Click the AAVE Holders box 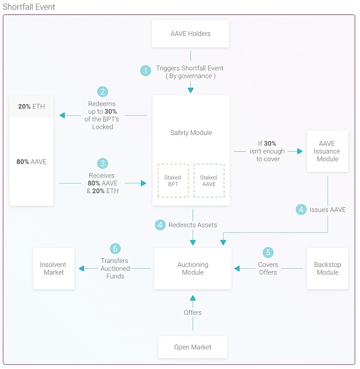click(x=191, y=34)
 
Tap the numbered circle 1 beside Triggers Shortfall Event click(x=145, y=71)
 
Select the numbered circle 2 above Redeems click(x=103, y=92)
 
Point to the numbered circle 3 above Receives click(x=103, y=163)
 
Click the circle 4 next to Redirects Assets click(x=160, y=225)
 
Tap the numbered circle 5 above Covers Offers click(x=268, y=253)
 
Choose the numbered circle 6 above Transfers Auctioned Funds click(x=115, y=248)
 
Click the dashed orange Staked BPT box click(x=172, y=181)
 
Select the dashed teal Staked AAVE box click(x=209, y=181)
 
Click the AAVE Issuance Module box click(x=327, y=151)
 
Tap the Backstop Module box click(x=327, y=268)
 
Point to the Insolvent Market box click(x=53, y=268)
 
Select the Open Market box click(x=192, y=347)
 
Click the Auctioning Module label click(x=193, y=268)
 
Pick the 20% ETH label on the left click(x=31, y=106)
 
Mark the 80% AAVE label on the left click(x=31, y=162)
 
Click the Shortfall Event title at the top click(x=29, y=7)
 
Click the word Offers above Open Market click(x=193, y=313)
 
